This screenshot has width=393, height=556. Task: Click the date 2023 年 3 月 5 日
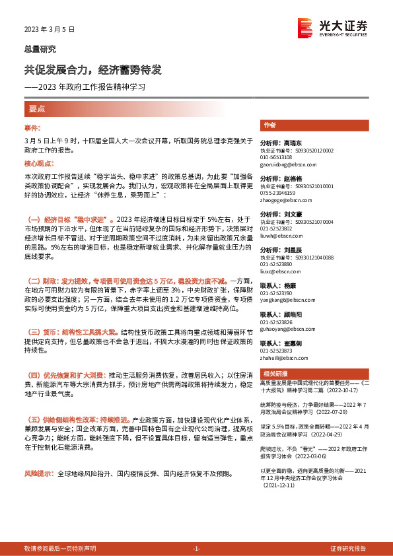50,30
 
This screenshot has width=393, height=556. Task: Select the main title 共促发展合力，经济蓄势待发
92,70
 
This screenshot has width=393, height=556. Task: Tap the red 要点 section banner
37,108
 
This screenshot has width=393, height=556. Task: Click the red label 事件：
33,127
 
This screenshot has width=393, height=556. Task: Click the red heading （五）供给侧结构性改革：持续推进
77,420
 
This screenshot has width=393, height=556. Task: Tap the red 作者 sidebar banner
269,124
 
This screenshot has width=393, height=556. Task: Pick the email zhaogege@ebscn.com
281,198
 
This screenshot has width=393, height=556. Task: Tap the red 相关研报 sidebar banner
273,372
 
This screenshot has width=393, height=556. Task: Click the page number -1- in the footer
196,549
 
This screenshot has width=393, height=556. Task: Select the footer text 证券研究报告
348,549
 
